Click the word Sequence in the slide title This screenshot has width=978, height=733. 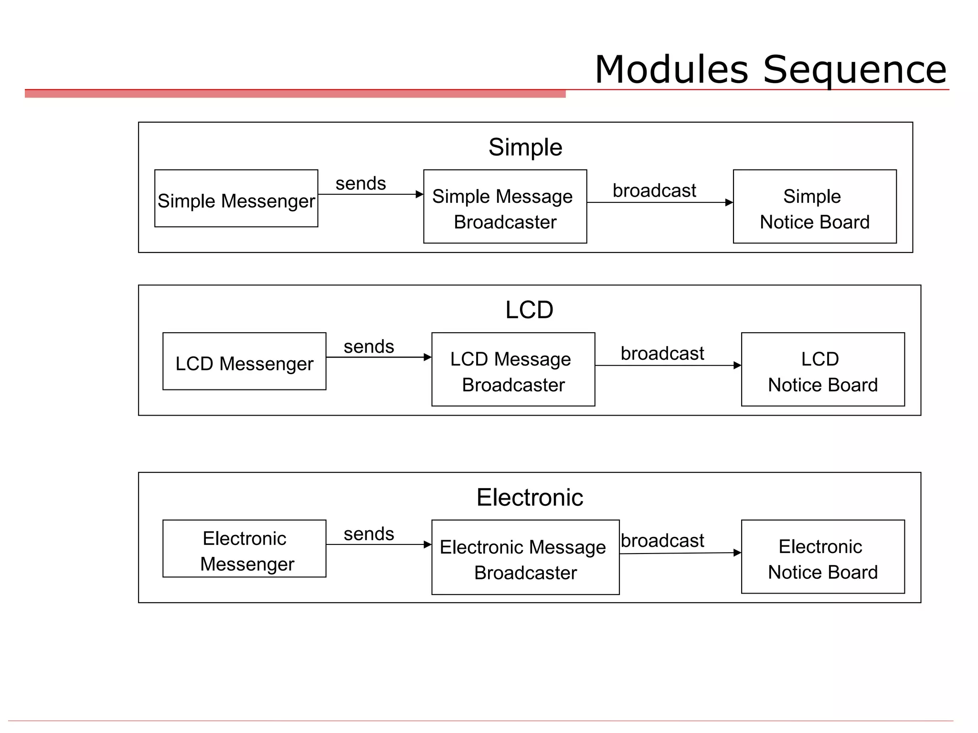pyautogui.click(x=854, y=70)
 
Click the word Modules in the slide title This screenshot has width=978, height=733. pyautogui.click(x=671, y=70)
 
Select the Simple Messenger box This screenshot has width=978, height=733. pyautogui.click(x=236, y=199)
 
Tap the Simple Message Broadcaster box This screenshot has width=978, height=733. pyautogui.click(x=505, y=207)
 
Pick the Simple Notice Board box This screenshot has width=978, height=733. pyautogui.click(x=814, y=207)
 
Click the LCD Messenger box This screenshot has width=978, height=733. pyautogui.click(x=244, y=361)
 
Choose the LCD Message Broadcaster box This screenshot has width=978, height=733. pyautogui.click(x=513, y=369)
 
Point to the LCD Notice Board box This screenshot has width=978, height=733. pyautogui.click(x=822, y=369)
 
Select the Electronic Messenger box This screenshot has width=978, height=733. pyautogui.click(x=244, y=549)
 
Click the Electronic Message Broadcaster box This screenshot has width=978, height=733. pyautogui.click(x=525, y=557)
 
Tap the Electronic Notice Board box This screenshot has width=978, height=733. pyautogui.click(x=822, y=557)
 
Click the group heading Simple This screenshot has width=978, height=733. pyautogui.click(x=525, y=147)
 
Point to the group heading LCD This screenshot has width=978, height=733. pyautogui.click(x=529, y=310)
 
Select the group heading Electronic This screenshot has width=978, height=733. pyautogui.click(x=529, y=497)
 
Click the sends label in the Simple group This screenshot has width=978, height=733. pyautogui.click(x=361, y=183)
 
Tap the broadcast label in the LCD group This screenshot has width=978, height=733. pyautogui.click(x=662, y=354)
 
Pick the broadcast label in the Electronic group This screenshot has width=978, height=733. pyautogui.click(x=662, y=541)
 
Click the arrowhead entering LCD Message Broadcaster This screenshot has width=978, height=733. pyautogui.click(x=427, y=357)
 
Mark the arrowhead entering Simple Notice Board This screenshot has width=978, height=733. pyautogui.click(x=729, y=203)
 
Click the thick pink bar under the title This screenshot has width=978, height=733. pyautogui.click(x=295, y=94)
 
